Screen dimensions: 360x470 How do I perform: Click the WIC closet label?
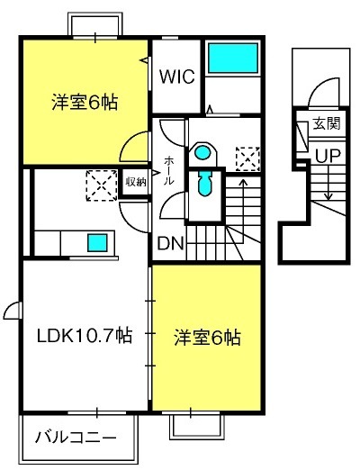(177, 77)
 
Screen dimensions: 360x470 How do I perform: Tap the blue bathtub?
(233, 58)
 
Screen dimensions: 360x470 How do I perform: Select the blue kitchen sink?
(97, 242)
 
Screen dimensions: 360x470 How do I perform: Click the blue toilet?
(205, 183)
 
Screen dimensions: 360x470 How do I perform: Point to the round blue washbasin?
(202, 152)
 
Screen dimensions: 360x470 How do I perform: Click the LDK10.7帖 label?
(85, 336)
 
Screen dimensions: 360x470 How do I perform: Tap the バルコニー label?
(76, 438)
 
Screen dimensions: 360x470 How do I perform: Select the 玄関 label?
(327, 123)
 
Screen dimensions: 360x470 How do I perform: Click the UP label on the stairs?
(328, 156)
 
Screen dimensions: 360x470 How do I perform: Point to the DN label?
(170, 244)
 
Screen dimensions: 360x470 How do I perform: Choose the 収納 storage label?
(136, 182)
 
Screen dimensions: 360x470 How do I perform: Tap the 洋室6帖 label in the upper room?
(85, 102)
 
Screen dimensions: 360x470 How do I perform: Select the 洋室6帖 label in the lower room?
(208, 338)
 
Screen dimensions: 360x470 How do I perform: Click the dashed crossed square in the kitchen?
(102, 185)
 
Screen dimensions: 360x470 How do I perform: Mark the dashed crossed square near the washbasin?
(247, 158)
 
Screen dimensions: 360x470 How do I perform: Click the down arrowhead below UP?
(328, 196)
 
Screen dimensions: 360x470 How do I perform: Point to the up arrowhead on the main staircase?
(243, 182)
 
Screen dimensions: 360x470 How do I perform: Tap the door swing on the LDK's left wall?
(13, 311)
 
